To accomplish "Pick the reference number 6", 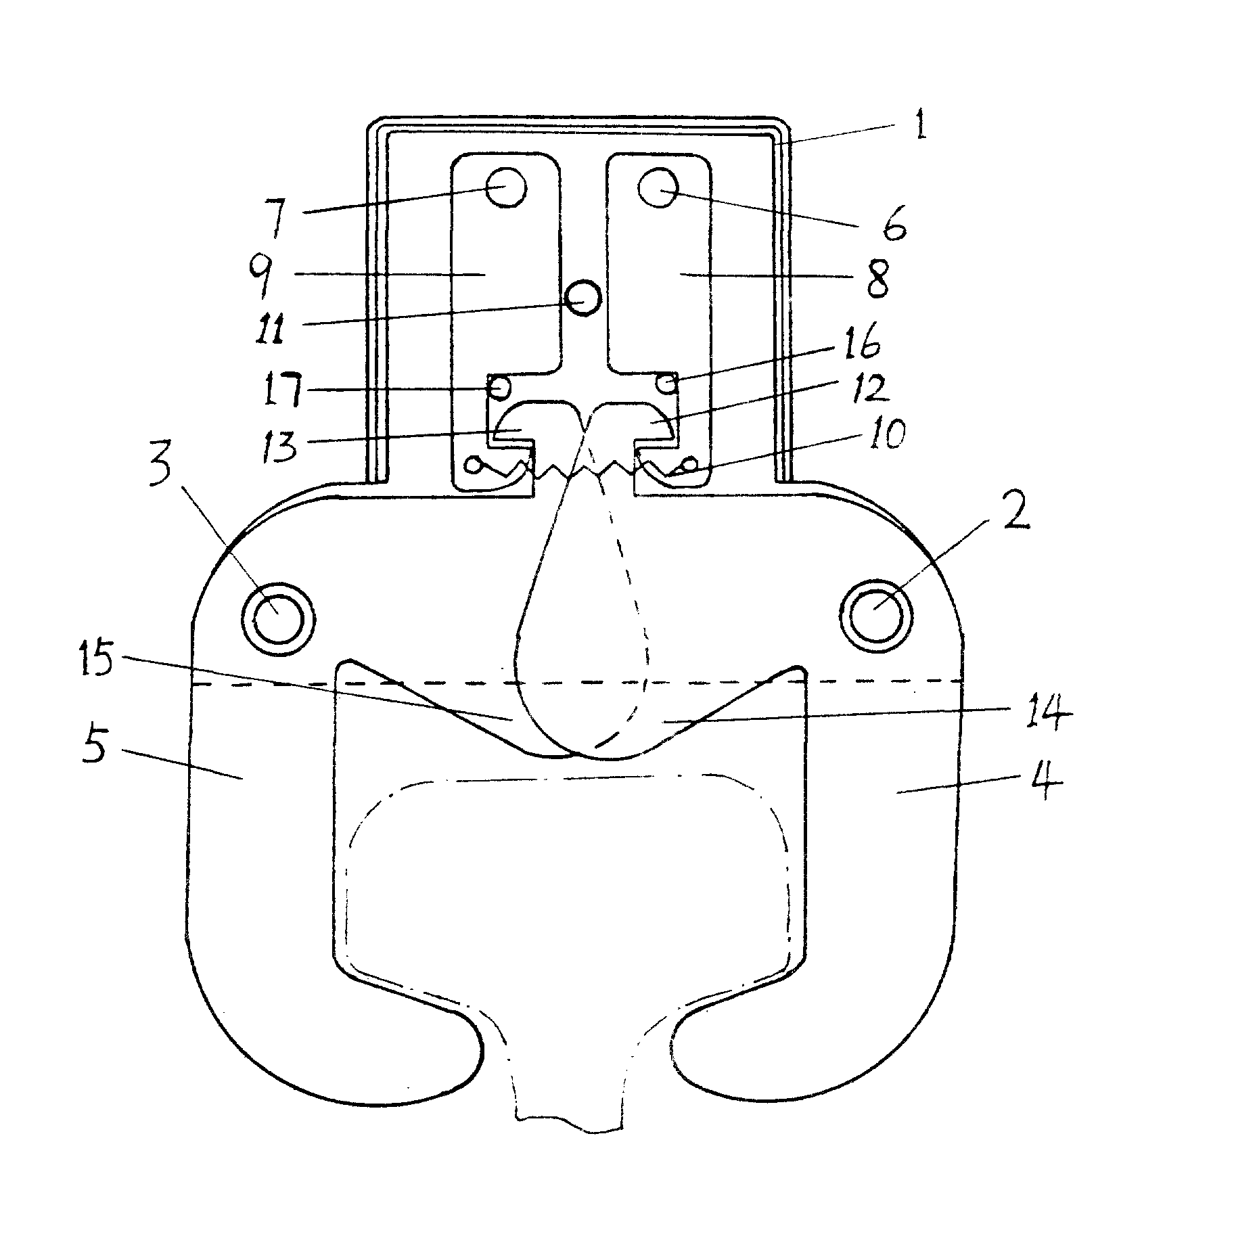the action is tap(892, 229).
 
